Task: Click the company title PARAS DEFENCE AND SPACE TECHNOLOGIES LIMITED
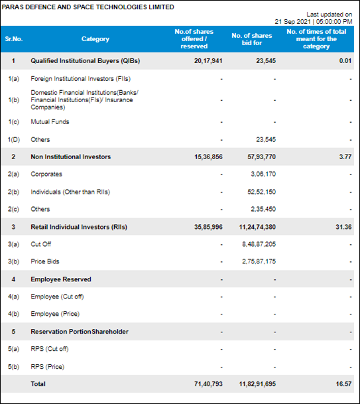[88, 7]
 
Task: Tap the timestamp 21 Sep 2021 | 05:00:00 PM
[314, 22]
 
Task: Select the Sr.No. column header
[14, 39]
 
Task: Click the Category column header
[95, 39]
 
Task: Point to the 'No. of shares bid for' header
[251, 39]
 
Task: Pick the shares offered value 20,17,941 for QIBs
[208, 61]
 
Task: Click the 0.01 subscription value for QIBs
[345, 61]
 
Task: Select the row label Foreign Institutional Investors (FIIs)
[81, 78]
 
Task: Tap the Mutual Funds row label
[50, 121]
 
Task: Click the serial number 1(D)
[14, 140]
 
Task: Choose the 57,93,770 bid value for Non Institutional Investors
[261, 157]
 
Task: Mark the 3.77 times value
[345, 157]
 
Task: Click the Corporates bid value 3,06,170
[263, 174]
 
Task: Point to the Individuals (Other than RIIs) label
[70, 192]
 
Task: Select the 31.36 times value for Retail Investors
[343, 227]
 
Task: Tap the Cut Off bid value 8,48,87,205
[259, 244]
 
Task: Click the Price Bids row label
[45, 261]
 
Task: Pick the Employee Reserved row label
[61, 279]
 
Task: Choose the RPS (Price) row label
[47, 367]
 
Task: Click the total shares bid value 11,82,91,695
[257, 384]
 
